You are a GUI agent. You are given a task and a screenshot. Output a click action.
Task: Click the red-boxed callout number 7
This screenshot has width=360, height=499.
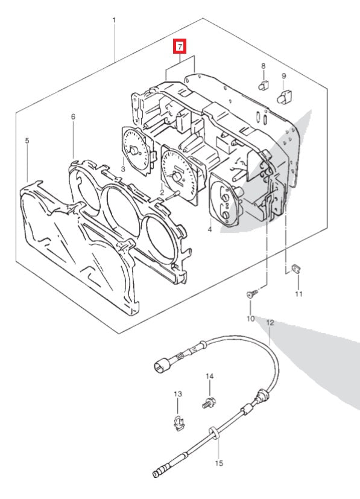180,46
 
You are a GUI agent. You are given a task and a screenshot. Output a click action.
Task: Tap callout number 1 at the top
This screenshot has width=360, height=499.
115,21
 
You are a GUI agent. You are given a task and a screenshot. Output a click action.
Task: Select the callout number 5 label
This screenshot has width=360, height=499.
27,141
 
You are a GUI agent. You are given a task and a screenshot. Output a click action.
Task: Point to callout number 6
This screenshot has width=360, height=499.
73,116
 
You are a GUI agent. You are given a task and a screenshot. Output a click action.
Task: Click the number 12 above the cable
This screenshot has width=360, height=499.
270,323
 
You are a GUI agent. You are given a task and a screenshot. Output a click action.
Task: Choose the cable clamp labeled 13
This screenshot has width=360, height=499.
177,423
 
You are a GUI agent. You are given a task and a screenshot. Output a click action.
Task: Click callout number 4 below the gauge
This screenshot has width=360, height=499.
209,230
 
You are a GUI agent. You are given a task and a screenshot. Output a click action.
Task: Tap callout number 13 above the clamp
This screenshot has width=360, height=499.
177,394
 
